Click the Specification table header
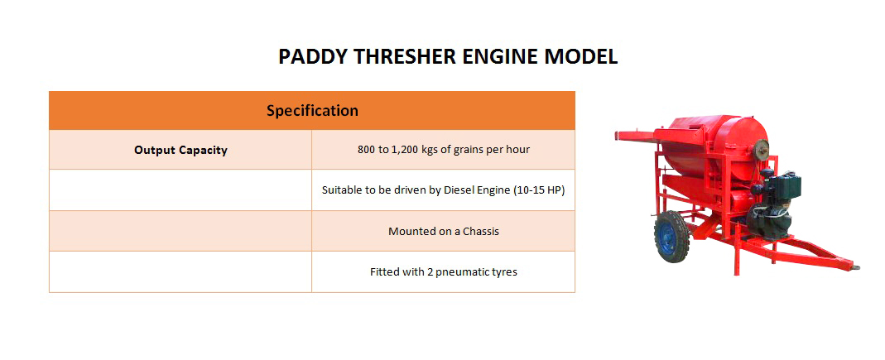click(312, 111)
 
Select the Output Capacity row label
click(180, 150)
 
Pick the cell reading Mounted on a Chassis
click(444, 232)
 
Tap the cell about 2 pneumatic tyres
click(444, 272)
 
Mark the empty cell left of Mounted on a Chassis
click(180, 232)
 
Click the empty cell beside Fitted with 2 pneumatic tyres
click(180, 272)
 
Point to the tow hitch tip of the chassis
click(855, 266)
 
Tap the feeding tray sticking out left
click(635, 136)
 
